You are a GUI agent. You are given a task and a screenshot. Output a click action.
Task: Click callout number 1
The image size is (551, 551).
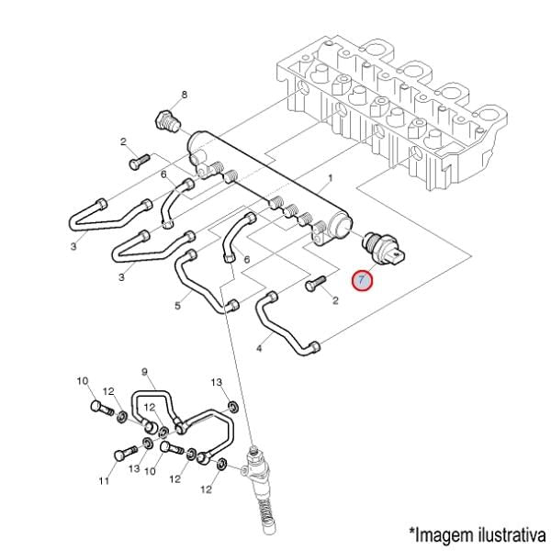coord(329,177)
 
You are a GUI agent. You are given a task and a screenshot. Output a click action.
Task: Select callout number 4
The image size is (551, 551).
coord(260,349)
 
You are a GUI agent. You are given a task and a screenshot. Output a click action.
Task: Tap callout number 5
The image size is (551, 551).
coord(177,305)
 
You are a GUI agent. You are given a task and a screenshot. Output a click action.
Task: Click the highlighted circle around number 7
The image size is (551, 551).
coord(363,280)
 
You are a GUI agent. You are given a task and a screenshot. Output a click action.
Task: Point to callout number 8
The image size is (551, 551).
coord(184,96)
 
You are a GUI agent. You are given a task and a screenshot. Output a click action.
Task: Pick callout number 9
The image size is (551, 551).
coord(144,372)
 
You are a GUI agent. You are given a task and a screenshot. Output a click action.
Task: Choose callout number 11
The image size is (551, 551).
coord(104,479)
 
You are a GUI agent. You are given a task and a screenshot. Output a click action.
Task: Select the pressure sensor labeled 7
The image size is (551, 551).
coord(383,245)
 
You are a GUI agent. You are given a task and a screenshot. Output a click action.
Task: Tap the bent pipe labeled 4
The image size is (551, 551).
coord(285,326)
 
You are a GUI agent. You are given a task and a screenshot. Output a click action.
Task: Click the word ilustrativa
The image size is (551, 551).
coord(505,534)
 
